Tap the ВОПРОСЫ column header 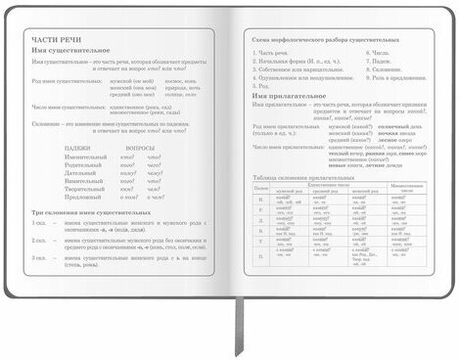click(140, 147)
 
